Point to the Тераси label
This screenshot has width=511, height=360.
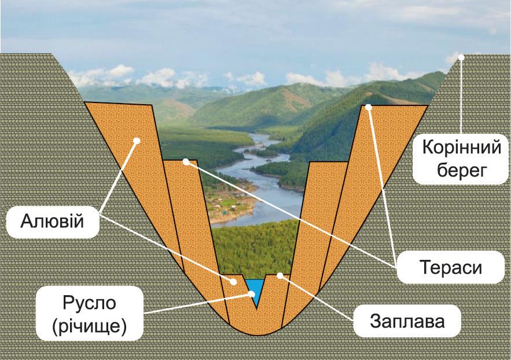pyautogui.click(x=449, y=267)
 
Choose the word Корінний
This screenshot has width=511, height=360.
pyautogui.click(x=461, y=149)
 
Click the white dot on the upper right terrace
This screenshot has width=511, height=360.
pyautogui.click(x=369, y=107)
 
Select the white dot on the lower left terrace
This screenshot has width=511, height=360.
pyautogui.click(x=186, y=162)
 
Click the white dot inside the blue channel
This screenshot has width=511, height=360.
pyautogui.click(x=252, y=293)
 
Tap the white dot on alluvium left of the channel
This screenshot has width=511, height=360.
pyautogui.click(x=234, y=282)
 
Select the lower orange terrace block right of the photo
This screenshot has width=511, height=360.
pyautogui.click(x=315, y=220)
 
